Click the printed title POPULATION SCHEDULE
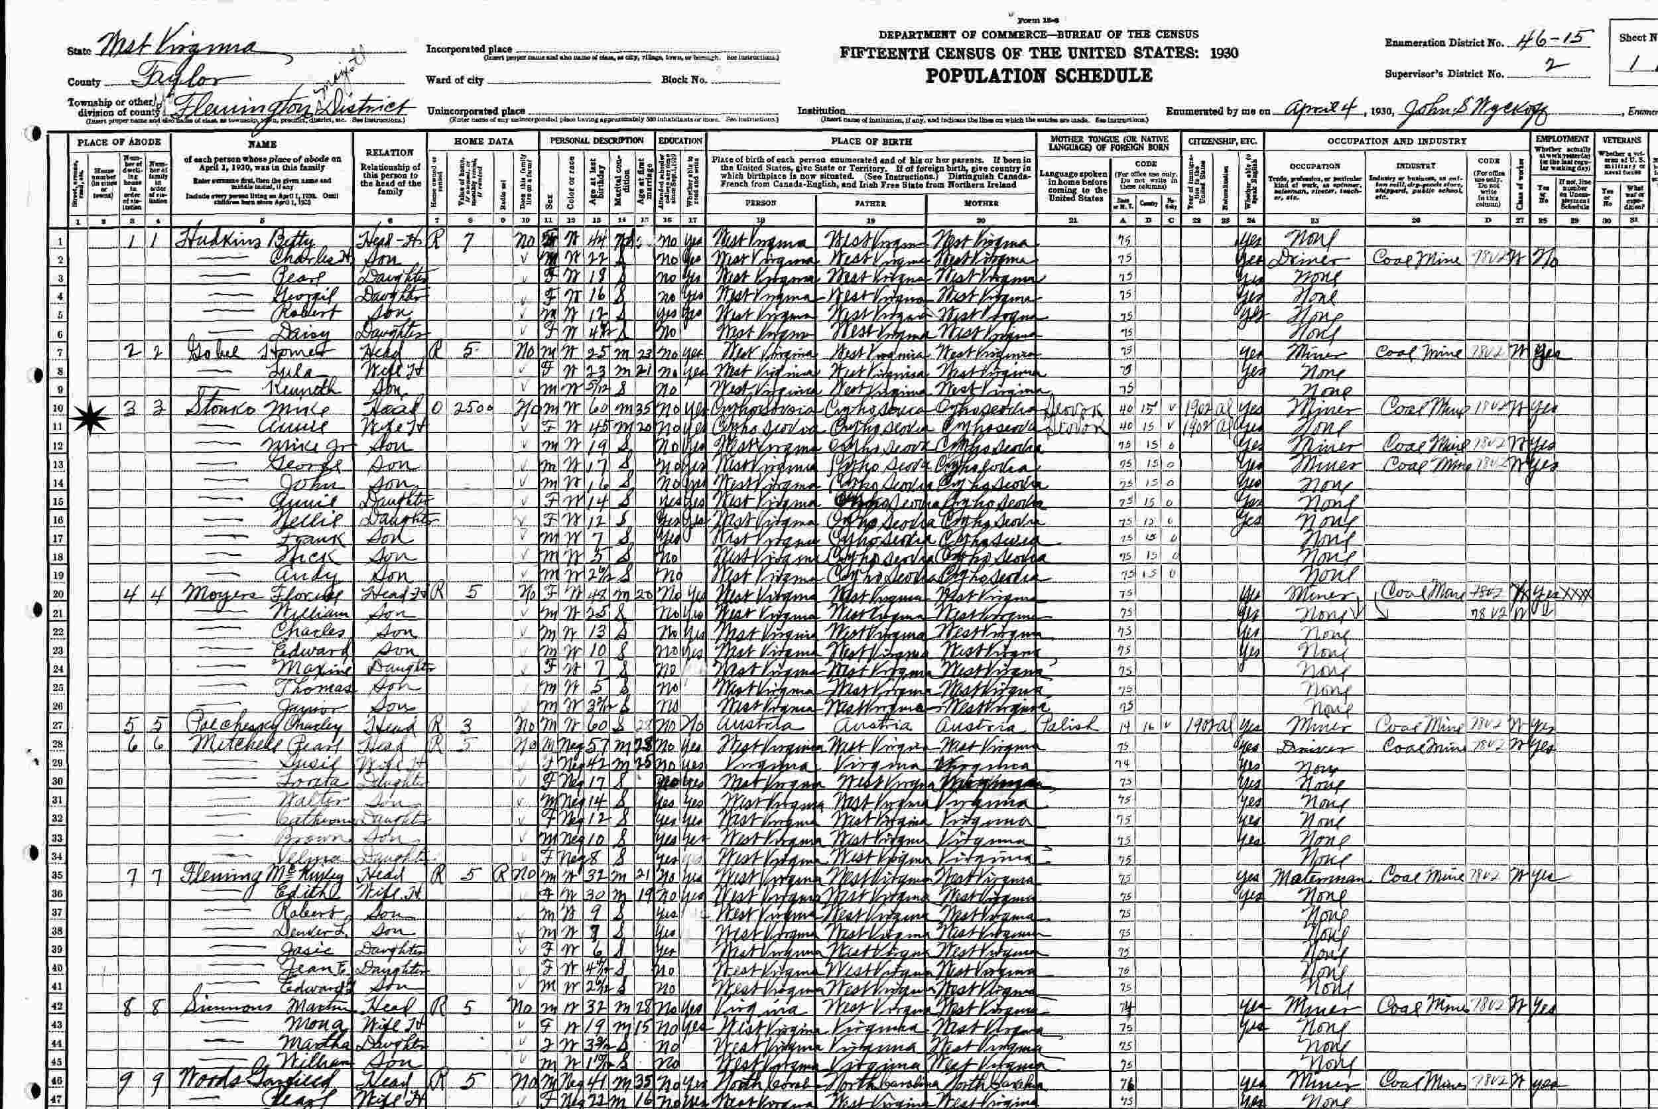(1039, 76)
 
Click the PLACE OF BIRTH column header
(873, 141)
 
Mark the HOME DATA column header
(483, 141)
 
